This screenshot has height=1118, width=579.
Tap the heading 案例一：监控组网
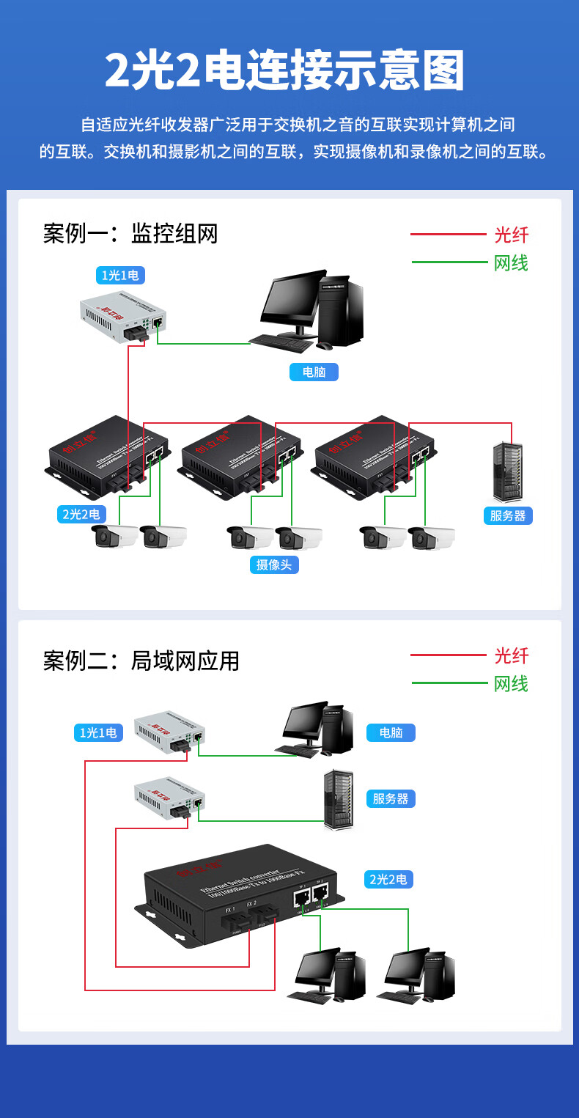point(130,234)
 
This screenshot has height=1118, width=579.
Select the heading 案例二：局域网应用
point(141,661)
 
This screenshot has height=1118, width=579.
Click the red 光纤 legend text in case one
point(511,235)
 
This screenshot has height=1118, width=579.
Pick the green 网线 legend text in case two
point(511,683)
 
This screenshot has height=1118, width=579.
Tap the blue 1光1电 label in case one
point(120,275)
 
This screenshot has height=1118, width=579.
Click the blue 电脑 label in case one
point(314,372)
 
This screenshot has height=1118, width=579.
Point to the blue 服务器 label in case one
point(508,515)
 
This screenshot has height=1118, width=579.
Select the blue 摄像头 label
point(274,564)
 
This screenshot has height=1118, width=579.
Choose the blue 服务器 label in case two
point(391,798)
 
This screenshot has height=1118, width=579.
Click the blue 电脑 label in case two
point(391,732)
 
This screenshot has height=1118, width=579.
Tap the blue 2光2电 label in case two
point(388,878)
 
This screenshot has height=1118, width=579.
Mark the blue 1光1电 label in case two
point(98,732)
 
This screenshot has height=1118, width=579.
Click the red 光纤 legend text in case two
point(511,655)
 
